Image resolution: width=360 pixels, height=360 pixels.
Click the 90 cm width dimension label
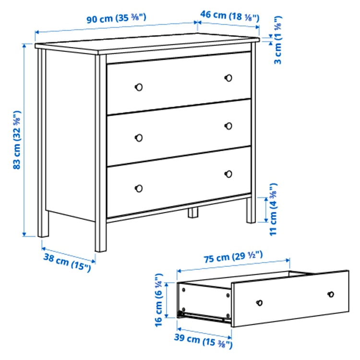point(116,19)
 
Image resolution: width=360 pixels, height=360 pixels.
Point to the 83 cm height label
point(17,141)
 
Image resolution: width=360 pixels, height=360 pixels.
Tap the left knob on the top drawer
point(139,87)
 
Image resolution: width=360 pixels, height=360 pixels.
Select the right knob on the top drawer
point(228,77)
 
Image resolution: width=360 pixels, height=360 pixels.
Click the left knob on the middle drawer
point(139,137)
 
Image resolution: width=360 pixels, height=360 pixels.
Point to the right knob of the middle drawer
point(228,126)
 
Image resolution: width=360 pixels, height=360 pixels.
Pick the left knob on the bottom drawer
point(139,188)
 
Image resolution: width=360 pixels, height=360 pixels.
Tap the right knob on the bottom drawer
point(228,174)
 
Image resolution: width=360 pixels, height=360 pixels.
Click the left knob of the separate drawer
point(259,302)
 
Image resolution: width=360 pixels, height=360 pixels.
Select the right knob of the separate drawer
point(330,294)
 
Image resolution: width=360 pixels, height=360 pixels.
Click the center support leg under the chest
point(193,213)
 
